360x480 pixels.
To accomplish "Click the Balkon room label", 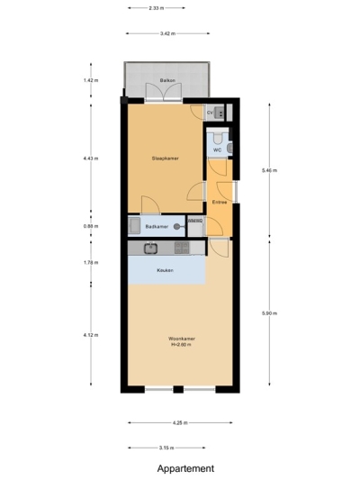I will pos(166,81).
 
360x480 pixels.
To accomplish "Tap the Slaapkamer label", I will pos(165,158).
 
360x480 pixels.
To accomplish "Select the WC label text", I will pos(217,149).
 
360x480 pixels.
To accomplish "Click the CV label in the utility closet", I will pos(210,113).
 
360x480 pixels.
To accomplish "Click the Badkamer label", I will pos(157,227).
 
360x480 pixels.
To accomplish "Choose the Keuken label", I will pos(165,270).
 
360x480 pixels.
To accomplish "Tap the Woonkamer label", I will pos(181,340).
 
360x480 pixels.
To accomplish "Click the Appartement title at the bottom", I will pos(185,468).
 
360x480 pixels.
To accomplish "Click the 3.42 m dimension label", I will pos(166,34).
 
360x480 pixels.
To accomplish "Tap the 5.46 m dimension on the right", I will pos(269,170).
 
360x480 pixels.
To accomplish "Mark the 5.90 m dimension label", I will pos(269,313).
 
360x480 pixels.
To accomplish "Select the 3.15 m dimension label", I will pos(166,448).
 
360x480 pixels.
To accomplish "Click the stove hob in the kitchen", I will pos(181,248).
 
